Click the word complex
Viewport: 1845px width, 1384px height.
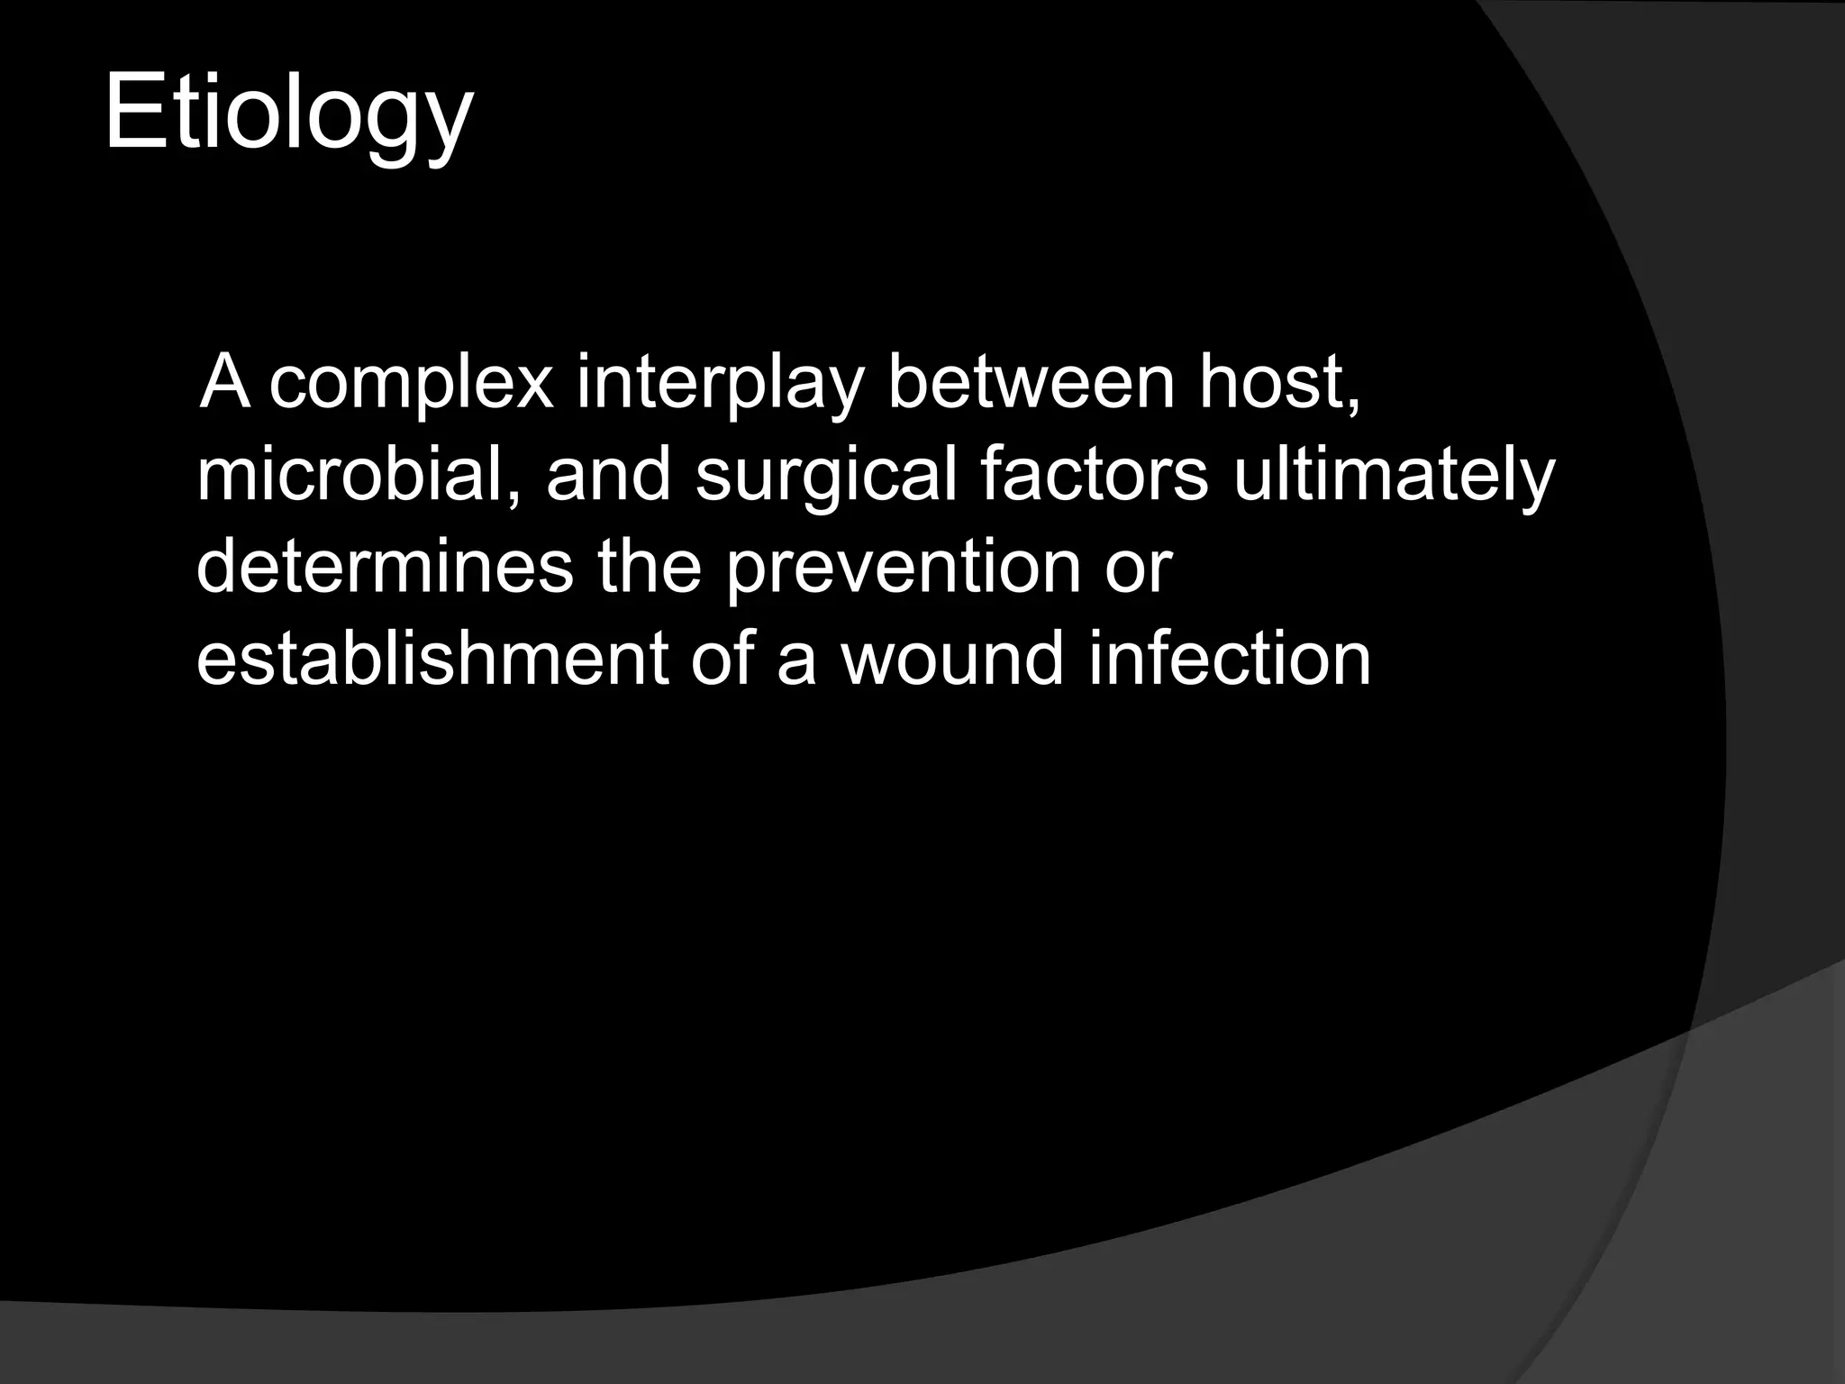coord(411,383)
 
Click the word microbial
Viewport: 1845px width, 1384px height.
coord(358,475)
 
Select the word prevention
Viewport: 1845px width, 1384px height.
coord(902,569)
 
